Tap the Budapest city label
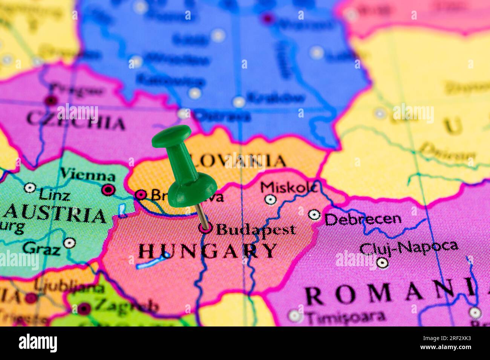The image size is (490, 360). (x=256, y=229)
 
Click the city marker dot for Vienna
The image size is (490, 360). (x=109, y=189)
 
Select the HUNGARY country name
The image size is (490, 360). (x=208, y=251)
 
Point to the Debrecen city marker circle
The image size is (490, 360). (x=314, y=215)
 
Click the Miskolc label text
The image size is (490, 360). (x=288, y=187)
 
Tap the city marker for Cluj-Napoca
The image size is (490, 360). (x=382, y=262)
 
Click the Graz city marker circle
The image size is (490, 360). (x=69, y=243)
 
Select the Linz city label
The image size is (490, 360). (x=54, y=195)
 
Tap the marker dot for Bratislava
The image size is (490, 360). (x=141, y=194)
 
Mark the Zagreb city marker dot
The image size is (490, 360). (x=84, y=309)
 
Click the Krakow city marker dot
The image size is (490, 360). (x=239, y=102)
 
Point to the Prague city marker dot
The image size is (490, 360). (x=51, y=101)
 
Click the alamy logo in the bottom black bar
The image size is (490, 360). (x=38, y=343)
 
